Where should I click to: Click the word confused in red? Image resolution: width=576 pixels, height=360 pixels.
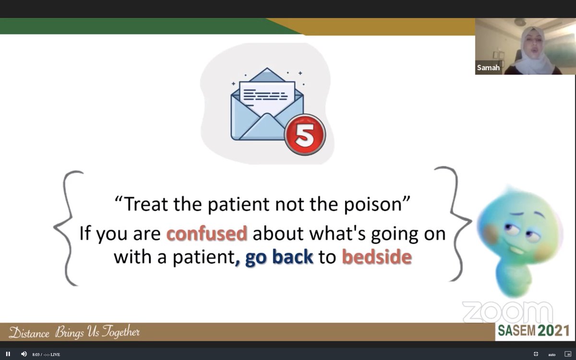206,234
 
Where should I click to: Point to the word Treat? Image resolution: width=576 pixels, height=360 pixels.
145,205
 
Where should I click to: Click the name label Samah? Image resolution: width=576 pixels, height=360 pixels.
488,68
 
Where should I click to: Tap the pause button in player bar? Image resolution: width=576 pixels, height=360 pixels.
8,354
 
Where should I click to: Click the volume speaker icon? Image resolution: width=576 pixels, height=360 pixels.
24,354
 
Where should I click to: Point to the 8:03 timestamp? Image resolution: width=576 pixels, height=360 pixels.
36,355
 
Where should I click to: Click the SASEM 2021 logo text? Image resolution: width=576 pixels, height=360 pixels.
532,330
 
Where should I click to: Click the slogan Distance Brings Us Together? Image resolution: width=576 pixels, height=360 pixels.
74,332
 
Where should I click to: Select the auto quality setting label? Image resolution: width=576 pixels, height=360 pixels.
552,355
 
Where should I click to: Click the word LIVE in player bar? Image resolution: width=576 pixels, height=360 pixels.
55,355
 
